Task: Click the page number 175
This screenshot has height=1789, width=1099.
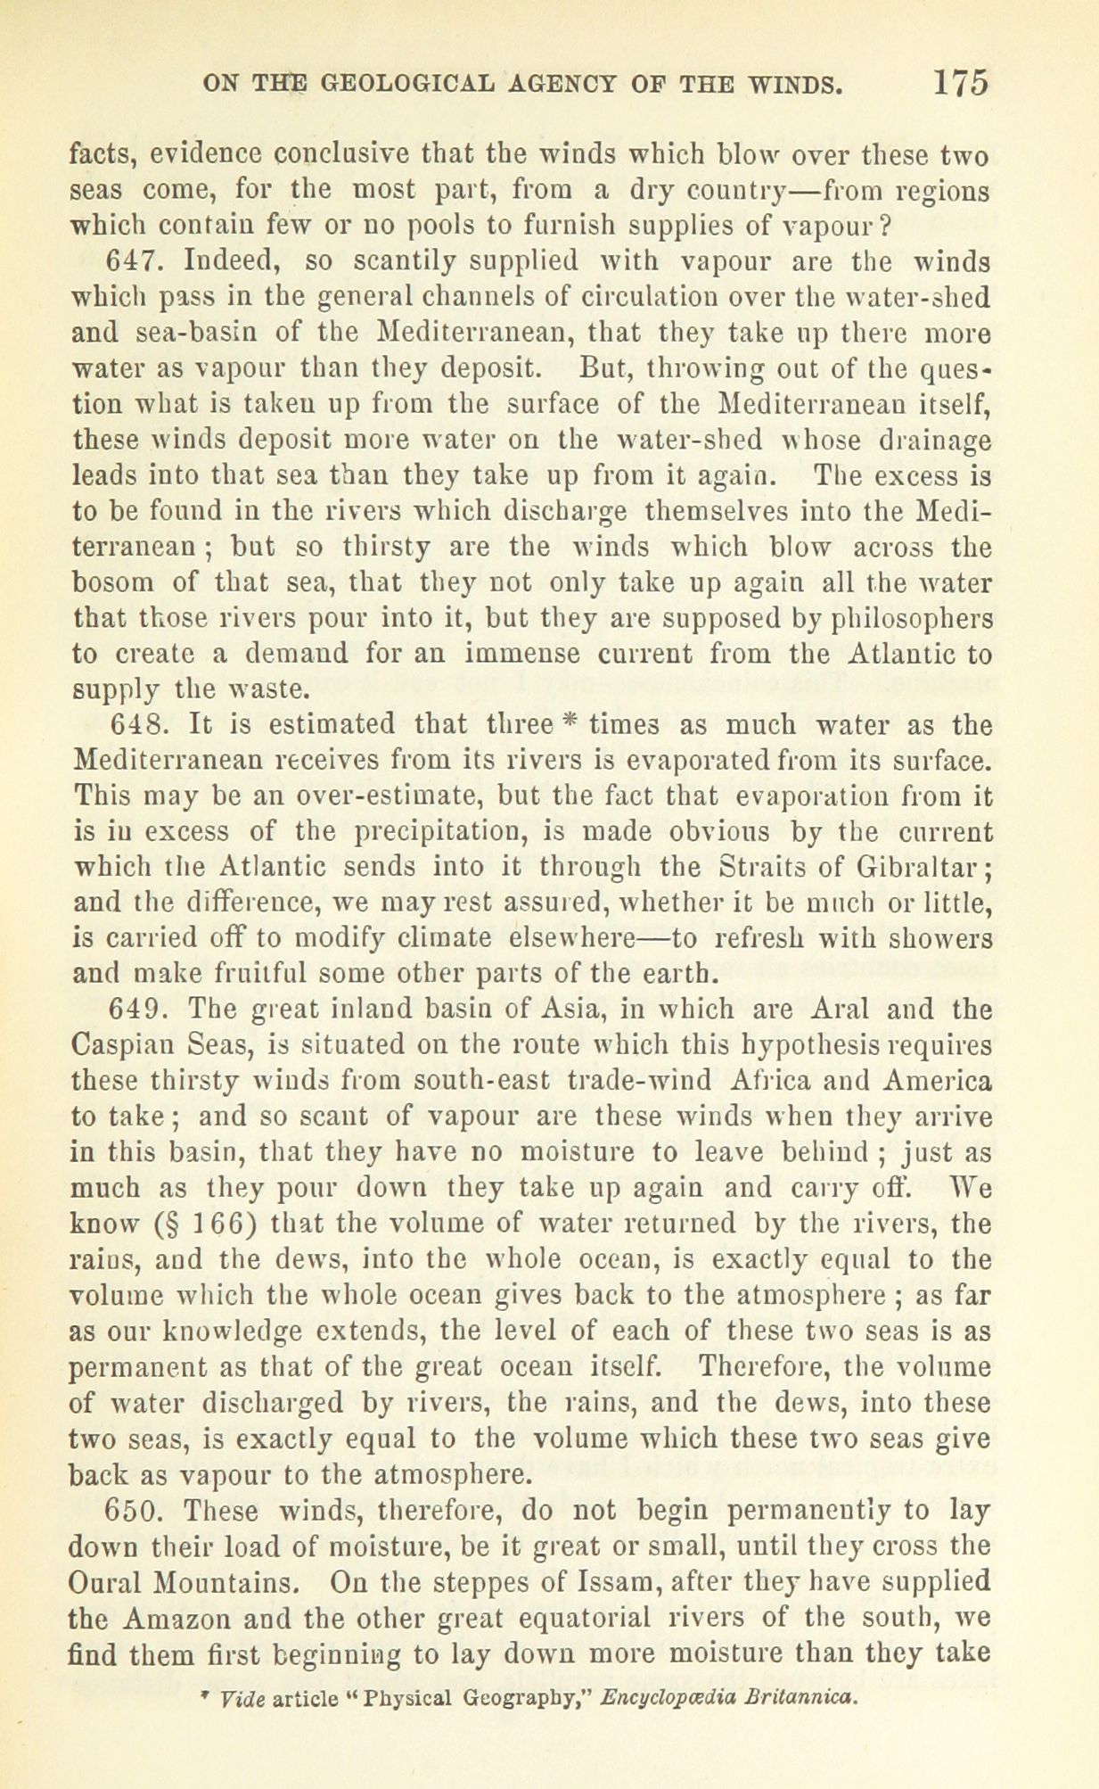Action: [x=960, y=83]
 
